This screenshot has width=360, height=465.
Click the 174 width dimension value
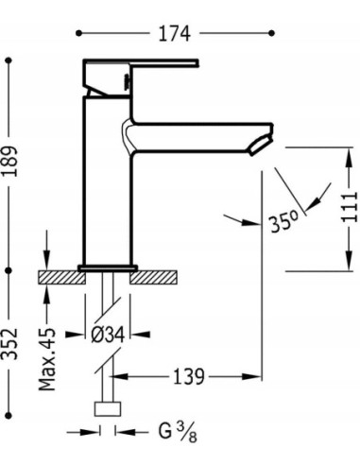(x=174, y=34)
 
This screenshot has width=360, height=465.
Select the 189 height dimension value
(x=9, y=162)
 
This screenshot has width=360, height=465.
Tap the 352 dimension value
(x=9, y=344)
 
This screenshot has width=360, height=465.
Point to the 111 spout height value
(x=351, y=207)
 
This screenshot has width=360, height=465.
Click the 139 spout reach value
(x=189, y=376)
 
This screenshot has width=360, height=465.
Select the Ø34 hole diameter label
(x=108, y=335)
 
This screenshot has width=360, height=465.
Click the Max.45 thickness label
(x=47, y=359)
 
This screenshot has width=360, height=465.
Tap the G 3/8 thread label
(x=178, y=432)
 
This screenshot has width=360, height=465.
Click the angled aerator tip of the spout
(x=261, y=146)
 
